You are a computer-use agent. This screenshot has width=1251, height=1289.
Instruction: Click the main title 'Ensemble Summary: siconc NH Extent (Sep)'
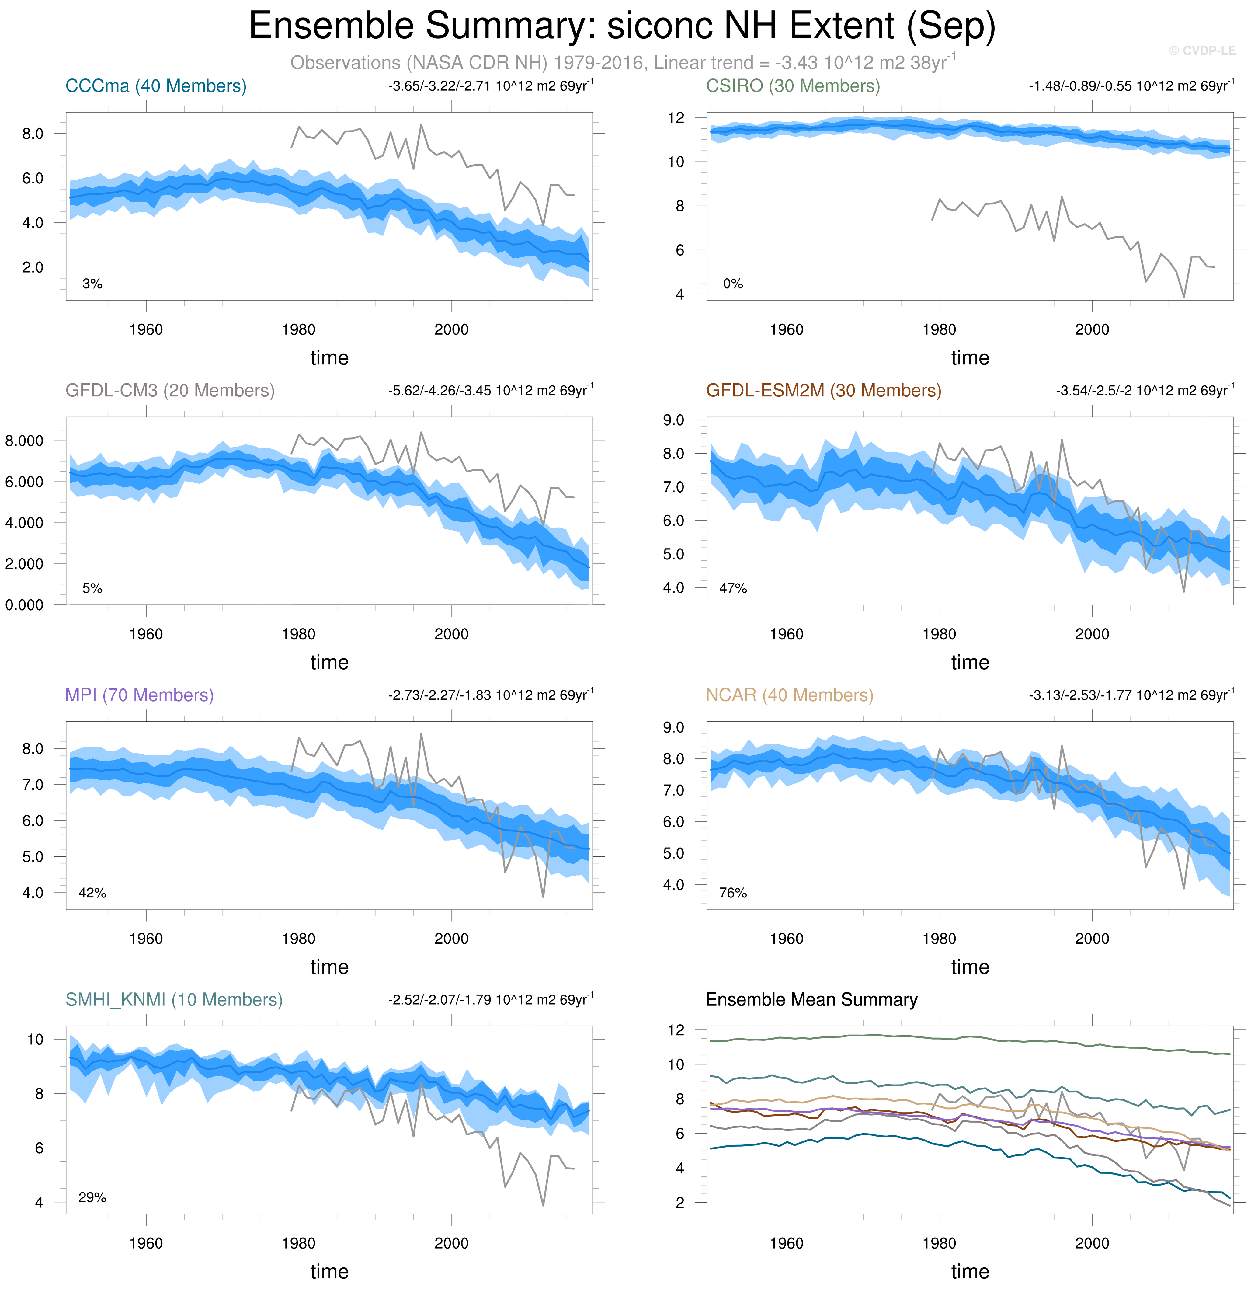(622, 26)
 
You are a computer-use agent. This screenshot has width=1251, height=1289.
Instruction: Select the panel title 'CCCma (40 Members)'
(156, 86)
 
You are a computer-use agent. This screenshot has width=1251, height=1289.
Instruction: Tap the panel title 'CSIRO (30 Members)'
(793, 86)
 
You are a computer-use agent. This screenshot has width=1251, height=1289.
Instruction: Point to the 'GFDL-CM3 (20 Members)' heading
(170, 391)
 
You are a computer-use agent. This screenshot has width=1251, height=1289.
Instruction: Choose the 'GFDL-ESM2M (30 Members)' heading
(824, 391)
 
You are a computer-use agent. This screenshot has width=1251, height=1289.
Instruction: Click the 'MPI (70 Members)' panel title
(139, 695)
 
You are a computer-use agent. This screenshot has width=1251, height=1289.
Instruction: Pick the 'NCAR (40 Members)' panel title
(790, 695)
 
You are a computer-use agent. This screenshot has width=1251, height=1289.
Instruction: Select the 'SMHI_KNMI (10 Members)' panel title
(174, 1000)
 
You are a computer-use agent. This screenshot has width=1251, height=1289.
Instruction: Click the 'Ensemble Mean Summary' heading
(811, 1000)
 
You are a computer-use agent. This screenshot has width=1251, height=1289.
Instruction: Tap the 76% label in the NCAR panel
(733, 893)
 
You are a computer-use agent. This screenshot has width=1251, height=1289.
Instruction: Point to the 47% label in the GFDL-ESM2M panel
(733, 589)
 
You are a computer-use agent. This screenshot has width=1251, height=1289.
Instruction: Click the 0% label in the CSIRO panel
(733, 284)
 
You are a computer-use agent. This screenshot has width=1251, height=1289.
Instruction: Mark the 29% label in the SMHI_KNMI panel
(92, 1198)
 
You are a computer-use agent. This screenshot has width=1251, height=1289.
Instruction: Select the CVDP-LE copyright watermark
(1202, 51)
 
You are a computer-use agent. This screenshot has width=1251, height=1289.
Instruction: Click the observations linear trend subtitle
(623, 63)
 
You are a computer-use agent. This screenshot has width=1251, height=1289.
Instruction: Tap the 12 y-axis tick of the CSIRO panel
(676, 118)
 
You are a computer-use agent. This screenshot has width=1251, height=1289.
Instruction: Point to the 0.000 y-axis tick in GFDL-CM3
(24, 605)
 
